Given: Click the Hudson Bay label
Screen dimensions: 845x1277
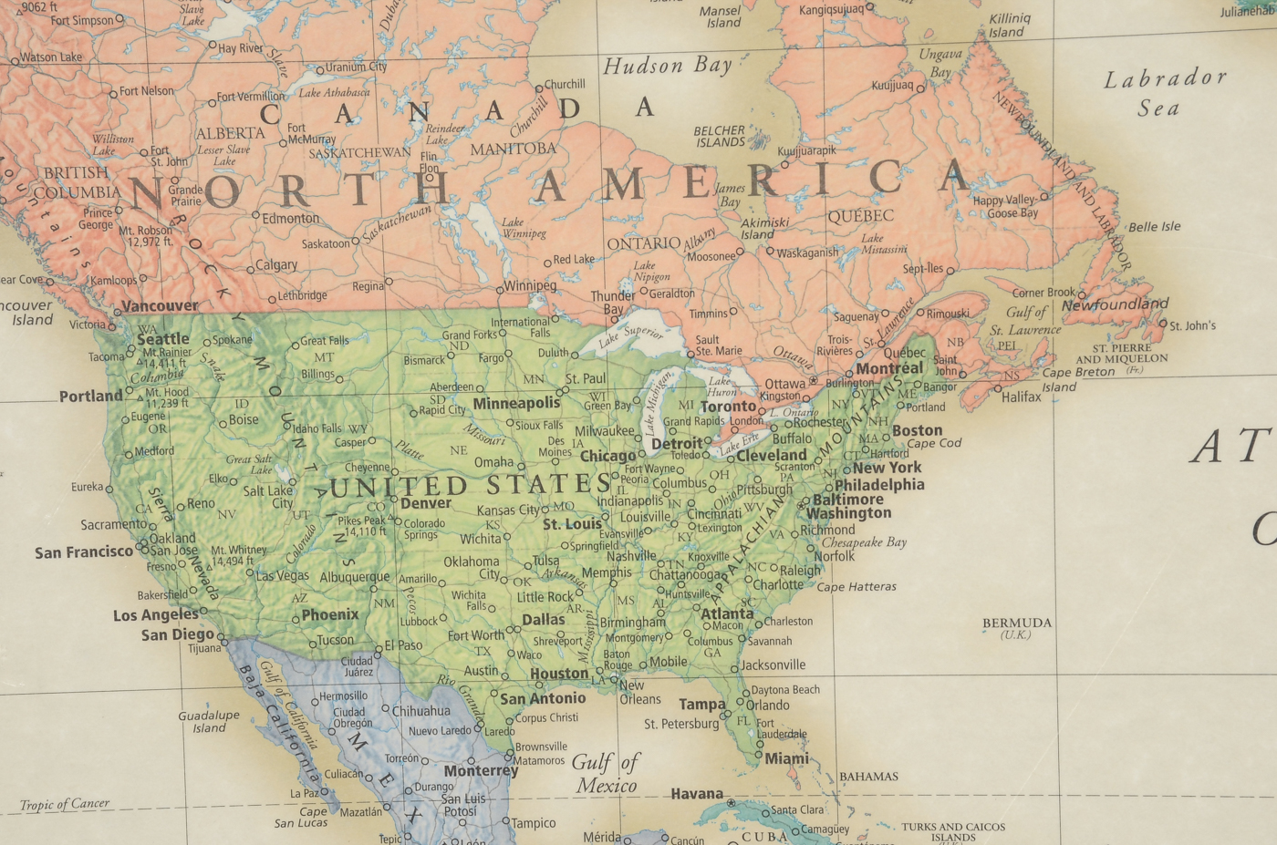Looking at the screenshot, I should pos(668,66).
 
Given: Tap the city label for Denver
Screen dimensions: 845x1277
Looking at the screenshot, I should pos(426,503).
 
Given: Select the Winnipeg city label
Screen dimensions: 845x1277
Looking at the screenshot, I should pos(530,285).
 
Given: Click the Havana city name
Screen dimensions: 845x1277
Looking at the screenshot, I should pos(697,794).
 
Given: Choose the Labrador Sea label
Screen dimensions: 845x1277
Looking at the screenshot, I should pos(1165,93).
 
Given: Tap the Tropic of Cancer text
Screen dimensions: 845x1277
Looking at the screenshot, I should pos(65,804).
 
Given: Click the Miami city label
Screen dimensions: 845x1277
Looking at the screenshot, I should pos(786,758).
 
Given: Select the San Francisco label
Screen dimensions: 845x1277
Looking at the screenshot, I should pos(84,551).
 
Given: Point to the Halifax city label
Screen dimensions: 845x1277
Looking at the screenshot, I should pos(1021,397).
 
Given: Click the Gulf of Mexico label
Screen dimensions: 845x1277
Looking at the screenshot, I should pos(607,773).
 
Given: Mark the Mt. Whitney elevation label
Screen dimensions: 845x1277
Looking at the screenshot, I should pos(239,555).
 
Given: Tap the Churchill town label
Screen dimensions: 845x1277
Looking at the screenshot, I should pos(565,84).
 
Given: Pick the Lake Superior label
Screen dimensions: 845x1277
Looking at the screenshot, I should pos(630,337).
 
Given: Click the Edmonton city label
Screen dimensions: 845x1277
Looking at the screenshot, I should pos(291,219).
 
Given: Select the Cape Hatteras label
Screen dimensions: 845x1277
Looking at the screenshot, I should pos(857,587).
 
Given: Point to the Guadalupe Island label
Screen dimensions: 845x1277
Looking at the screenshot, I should pos(209,721).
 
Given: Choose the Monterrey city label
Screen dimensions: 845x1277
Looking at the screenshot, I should pos(481,770).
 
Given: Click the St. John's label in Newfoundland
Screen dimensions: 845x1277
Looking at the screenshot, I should pos(1192,325).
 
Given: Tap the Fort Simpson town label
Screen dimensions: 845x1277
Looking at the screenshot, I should pos(82,20).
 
